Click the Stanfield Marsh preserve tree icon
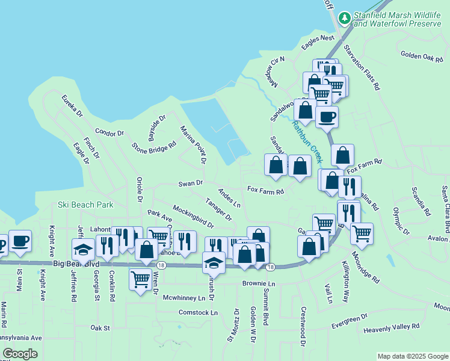click(x=345, y=18)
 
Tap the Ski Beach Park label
click(x=85, y=205)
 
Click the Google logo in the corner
click(x=20, y=354)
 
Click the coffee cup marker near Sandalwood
click(x=327, y=116)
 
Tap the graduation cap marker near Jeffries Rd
click(x=83, y=248)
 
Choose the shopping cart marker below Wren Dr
click(x=140, y=279)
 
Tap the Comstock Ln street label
click(x=198, y=312)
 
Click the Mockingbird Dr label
click(x=193, y=217)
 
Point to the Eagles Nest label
click(x=318, y=38)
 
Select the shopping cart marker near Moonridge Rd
click(x=362, y=232)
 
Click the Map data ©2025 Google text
click(x=412, y=356)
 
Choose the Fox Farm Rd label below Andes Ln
click(x=265, y=192)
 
